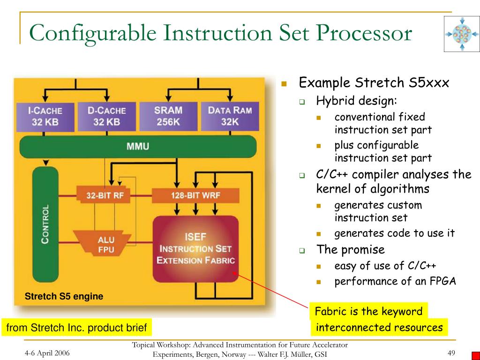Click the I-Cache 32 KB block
tap(45, 116)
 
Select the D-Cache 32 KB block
tap(106, 116)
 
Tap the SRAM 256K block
tap(168, 116)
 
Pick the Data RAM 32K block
tap(230, 116)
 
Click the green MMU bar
tap(138, 146)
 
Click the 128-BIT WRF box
tap(195, 195)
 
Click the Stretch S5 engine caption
tap(64, 296)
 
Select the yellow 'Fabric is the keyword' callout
tap(368, 311)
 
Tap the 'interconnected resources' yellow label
tap(379, 327)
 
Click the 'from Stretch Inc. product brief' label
tap(76, 328)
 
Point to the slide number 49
tap(451, 353)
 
